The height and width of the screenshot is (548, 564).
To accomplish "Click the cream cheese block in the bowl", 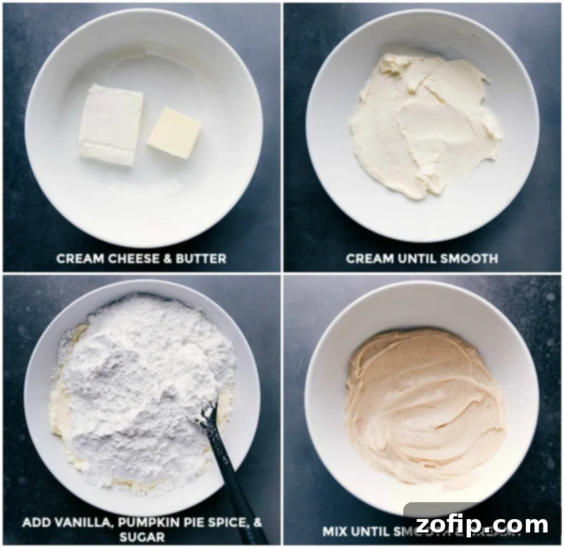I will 111,124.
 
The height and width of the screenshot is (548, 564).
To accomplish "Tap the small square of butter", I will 173,133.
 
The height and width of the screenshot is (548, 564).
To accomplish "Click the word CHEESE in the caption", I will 133,259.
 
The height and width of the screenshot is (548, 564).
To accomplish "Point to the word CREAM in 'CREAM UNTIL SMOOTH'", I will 368,259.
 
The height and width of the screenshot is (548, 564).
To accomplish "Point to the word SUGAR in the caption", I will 141,537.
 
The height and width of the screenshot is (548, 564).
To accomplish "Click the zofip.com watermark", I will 482,525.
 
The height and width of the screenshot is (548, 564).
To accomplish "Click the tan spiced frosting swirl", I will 423,395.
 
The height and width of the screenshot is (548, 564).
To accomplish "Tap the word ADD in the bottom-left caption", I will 35,523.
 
